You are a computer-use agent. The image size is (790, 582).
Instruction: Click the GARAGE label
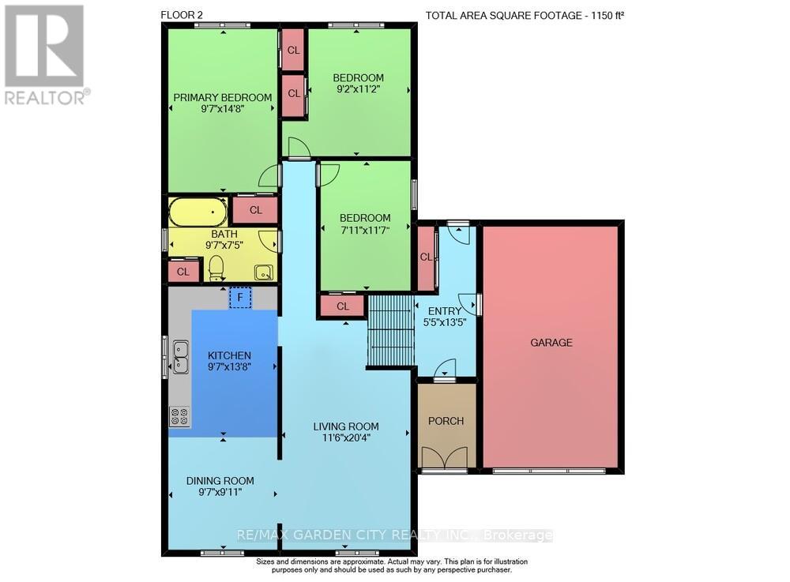pos(551,343)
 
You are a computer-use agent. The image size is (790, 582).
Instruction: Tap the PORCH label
pos(446,421)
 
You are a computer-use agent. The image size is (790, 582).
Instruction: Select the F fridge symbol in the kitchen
pos(239,298)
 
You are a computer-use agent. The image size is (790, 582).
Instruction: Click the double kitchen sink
pos(181,356)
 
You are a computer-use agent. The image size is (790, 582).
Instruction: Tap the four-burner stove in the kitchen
pos(179,415)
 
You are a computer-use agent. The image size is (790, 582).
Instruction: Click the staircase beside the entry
pos(391,332)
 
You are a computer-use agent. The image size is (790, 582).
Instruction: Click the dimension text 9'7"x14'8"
pos(222,110)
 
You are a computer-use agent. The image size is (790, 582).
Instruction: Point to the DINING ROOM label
pos(220,480)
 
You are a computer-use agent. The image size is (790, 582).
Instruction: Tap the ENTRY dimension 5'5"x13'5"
pos(443,322)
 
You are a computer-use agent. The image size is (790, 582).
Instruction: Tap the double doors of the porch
pos(444,459)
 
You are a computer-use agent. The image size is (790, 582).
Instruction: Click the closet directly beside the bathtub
pos(255,210)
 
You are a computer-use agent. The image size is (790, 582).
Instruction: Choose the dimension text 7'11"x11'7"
pos(365,230)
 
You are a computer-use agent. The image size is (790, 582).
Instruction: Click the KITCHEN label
pos(229,355)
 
